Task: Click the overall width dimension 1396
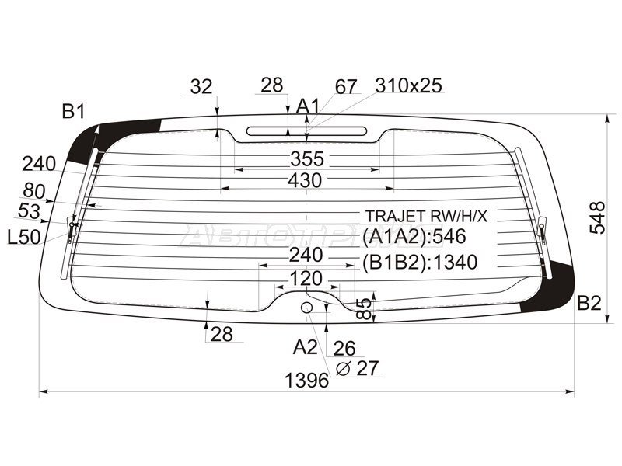(307, 381)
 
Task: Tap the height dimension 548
(598, 217)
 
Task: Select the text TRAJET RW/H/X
(426, 217)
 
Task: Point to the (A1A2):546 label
(414, 236)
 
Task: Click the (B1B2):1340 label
(420, 262)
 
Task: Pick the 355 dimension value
(307, 159)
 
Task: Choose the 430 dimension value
(305, 181)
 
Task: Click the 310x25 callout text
(409, 85)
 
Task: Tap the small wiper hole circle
(306, 307)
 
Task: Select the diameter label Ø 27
(358, 368)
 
